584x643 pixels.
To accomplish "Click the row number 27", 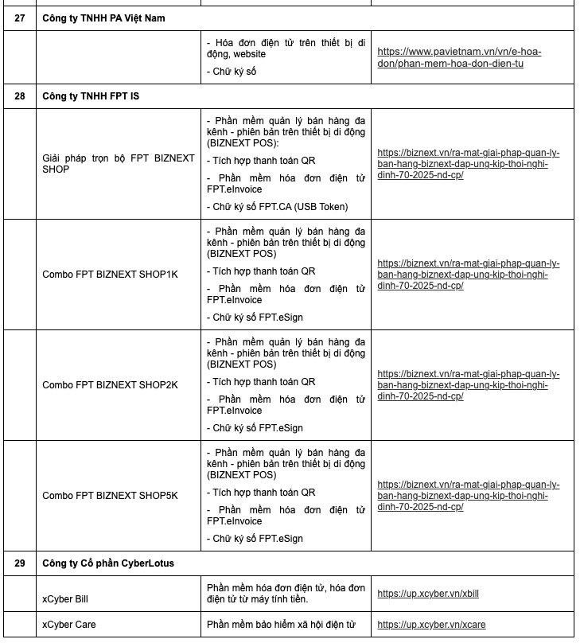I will coord(19,18).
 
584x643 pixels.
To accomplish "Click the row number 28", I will coord(19,96).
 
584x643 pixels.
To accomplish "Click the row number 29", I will coord(19,563).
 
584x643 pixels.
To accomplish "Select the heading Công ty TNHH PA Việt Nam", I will coord(104,18).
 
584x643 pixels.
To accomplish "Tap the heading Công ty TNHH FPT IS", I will coord(91,96).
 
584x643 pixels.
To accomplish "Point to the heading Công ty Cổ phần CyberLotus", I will coord(108,563).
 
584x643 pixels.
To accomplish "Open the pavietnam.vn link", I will coord(459,57).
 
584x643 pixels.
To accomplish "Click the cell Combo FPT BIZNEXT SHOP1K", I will coord(110,275).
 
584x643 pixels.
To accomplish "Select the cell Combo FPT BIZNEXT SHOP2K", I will coord(110,385).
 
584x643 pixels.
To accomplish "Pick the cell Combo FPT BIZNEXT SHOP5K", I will coord(110,496).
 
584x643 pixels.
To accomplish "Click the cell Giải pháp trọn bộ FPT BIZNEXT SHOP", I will coord(118,164).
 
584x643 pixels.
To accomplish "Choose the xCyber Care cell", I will coord(69,625).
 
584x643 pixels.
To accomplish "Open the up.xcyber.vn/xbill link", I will coord(428,594).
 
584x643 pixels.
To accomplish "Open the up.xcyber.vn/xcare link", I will coord(431,625).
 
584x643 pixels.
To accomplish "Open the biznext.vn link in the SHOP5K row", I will coord(469,495).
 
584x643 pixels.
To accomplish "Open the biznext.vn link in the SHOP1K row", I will coord(469,274).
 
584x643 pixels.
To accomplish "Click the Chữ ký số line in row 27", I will coord(234,71).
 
